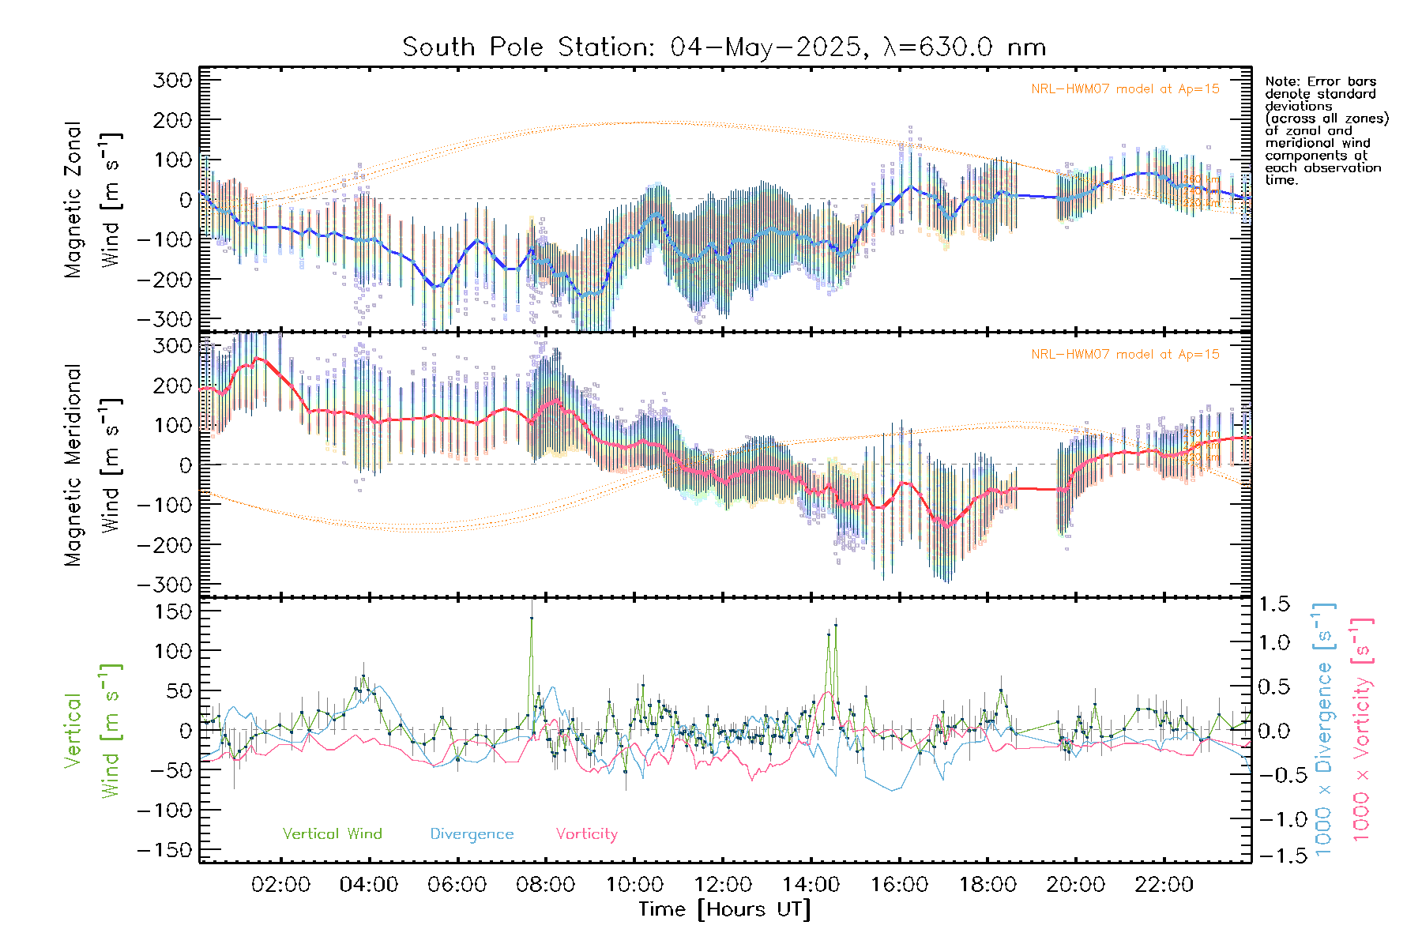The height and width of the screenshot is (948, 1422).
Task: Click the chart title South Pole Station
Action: click(x=724, y=47)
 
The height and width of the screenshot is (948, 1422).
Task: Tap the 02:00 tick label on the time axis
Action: click(x=280, y=885)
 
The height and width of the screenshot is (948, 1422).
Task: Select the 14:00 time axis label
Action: click(x=811, y=885)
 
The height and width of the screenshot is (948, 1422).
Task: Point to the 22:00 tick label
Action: click(x=1164, y=885)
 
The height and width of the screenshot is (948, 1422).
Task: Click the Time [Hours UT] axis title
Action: click(x=724, y=909)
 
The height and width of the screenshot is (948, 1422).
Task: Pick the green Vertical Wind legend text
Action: click(x=332, y=833)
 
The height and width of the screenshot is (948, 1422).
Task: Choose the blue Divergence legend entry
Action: click(x=472, y=833)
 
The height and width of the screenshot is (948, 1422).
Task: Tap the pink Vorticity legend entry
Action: click(x=586, y=833)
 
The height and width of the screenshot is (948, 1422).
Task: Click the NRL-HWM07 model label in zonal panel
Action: click(x=1125, y=88)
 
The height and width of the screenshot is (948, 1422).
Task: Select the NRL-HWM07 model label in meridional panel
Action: click(x=1125, y=354)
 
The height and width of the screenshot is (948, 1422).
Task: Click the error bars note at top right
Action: click(x=1326, y=130)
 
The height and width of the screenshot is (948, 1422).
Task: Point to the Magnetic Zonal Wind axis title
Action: click(x=93, y=199)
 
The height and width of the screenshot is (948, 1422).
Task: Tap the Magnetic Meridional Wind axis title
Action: click(x=93, y=465)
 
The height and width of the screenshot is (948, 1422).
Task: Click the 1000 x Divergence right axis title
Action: click(x=1324, y=728)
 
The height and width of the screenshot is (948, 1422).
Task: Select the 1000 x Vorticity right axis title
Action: click(x=1361, y=728)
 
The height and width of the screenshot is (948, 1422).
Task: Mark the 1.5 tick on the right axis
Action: click(x=1273, y=605)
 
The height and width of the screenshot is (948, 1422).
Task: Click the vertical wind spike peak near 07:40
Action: click(x=532, y=618)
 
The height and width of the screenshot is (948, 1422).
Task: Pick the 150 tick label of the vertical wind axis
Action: click(x=173, y=611)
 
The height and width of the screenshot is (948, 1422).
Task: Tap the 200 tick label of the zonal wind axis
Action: click(x=173, y=120)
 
